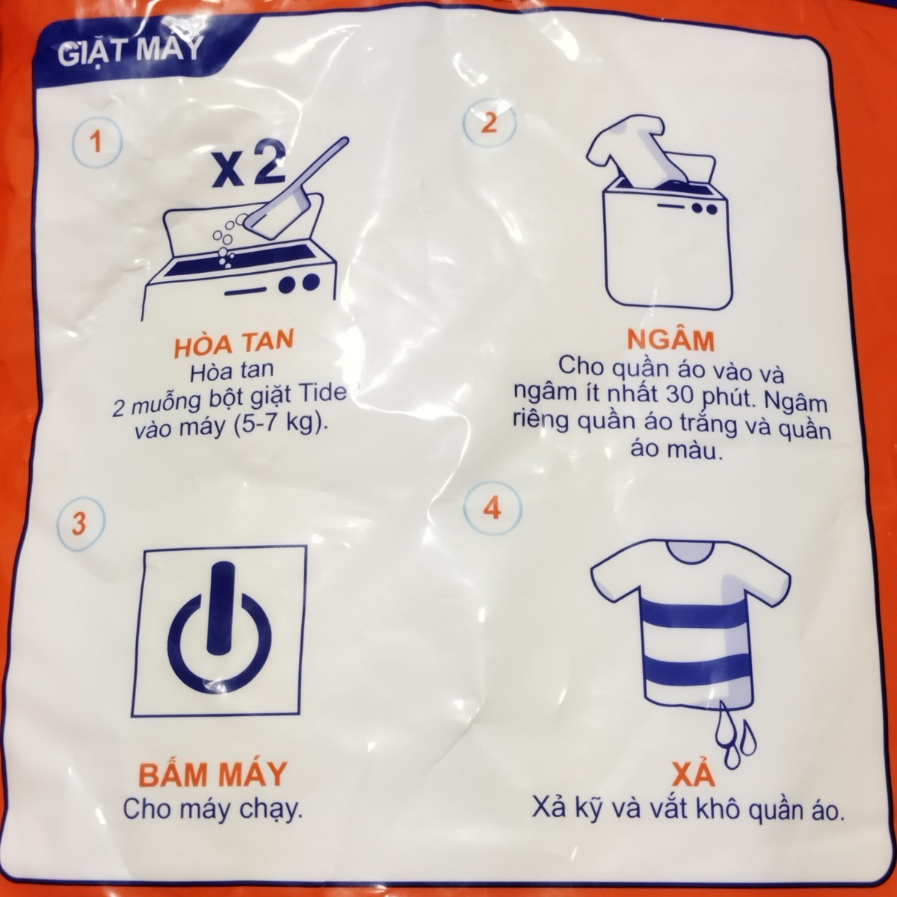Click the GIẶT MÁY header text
(x=130, y=52)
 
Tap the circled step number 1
(x=97, y=142)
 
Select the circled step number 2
(x=489, y=123)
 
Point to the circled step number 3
(x=79, y=524)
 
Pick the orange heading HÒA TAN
(x=233, y=344)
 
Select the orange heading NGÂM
(x=671, y=340)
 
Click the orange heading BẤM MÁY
(x=212, y=774)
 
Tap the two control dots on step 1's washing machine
(x=299, y=283)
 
